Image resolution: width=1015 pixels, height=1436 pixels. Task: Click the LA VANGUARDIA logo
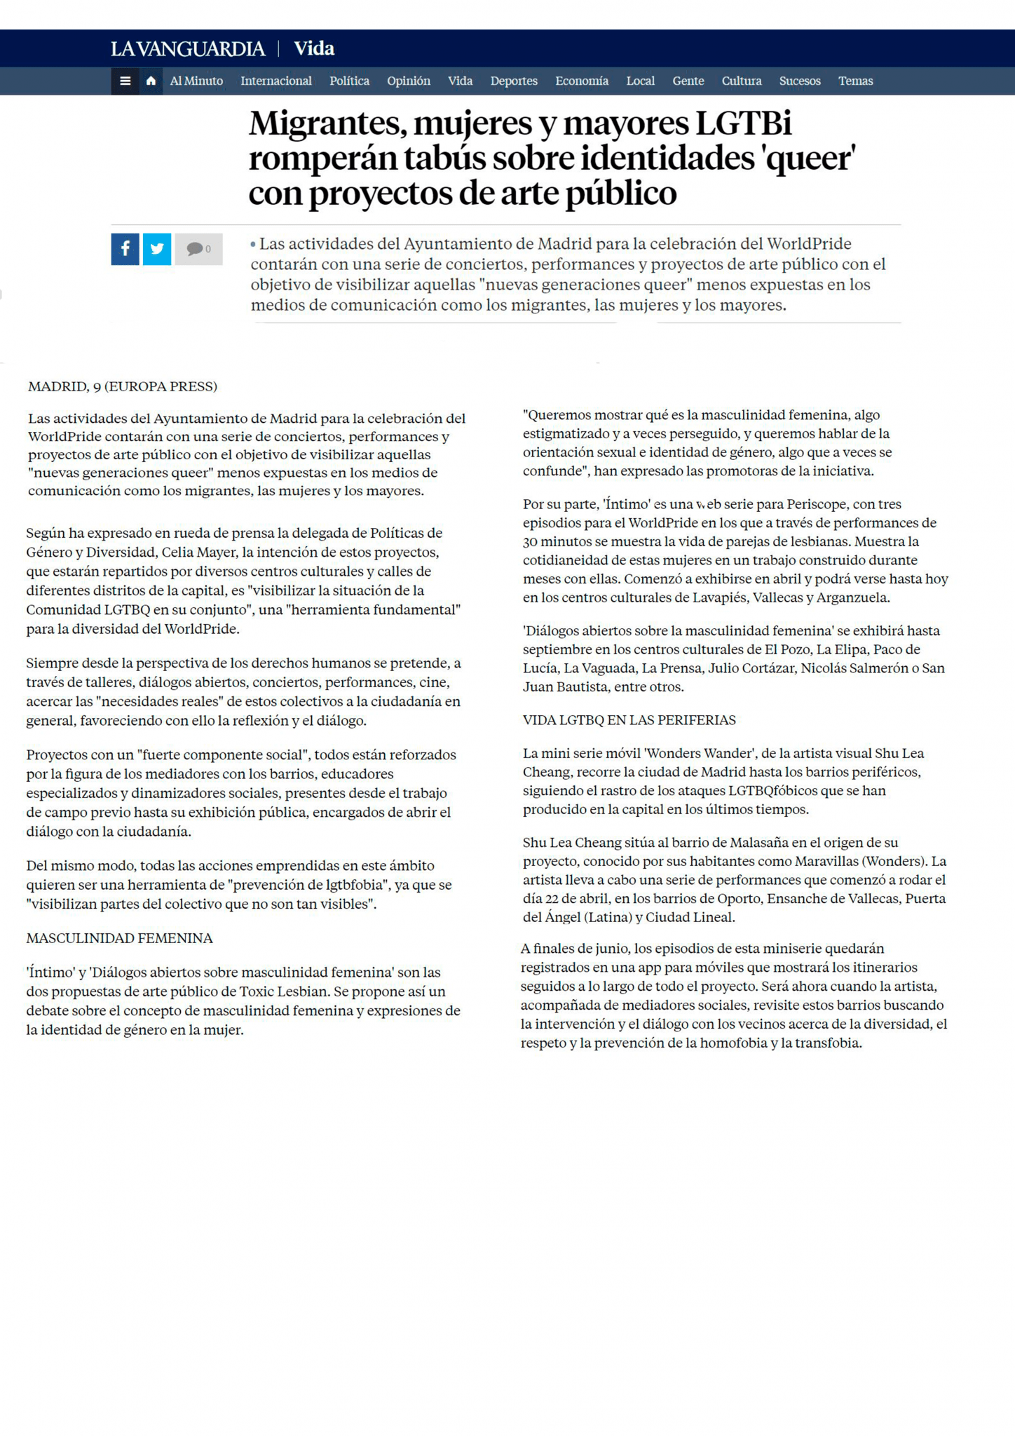tap(187, 49)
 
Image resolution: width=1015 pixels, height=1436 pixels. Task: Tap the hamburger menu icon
tap(125, 81)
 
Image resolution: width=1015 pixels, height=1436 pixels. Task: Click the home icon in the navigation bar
tap(151, 81)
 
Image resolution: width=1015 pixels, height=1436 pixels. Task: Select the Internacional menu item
tap(275, 81)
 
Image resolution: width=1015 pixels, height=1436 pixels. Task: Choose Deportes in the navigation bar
tap(514, 81)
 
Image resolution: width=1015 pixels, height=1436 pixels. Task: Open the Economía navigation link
tap(581, 81)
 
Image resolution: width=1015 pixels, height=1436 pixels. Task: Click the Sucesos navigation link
tap(799, 81)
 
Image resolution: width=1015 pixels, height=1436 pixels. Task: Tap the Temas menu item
tap(855, 81)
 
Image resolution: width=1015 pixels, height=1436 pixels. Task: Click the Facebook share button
tap(125, 249)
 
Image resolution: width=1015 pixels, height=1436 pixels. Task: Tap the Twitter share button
tap(157, 249)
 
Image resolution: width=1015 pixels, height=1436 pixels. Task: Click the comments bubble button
tap(198, 249)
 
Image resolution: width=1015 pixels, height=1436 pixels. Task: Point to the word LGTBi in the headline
tap(743, 124)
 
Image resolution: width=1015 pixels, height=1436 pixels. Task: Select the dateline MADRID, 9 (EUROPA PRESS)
tap(123, 386)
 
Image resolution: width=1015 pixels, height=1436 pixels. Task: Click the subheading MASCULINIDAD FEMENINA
tap(119, 938)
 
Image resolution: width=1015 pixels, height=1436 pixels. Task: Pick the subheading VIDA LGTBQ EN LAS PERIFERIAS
tap(629, 720)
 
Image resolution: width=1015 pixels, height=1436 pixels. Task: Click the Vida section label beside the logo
tap(313, 49)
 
